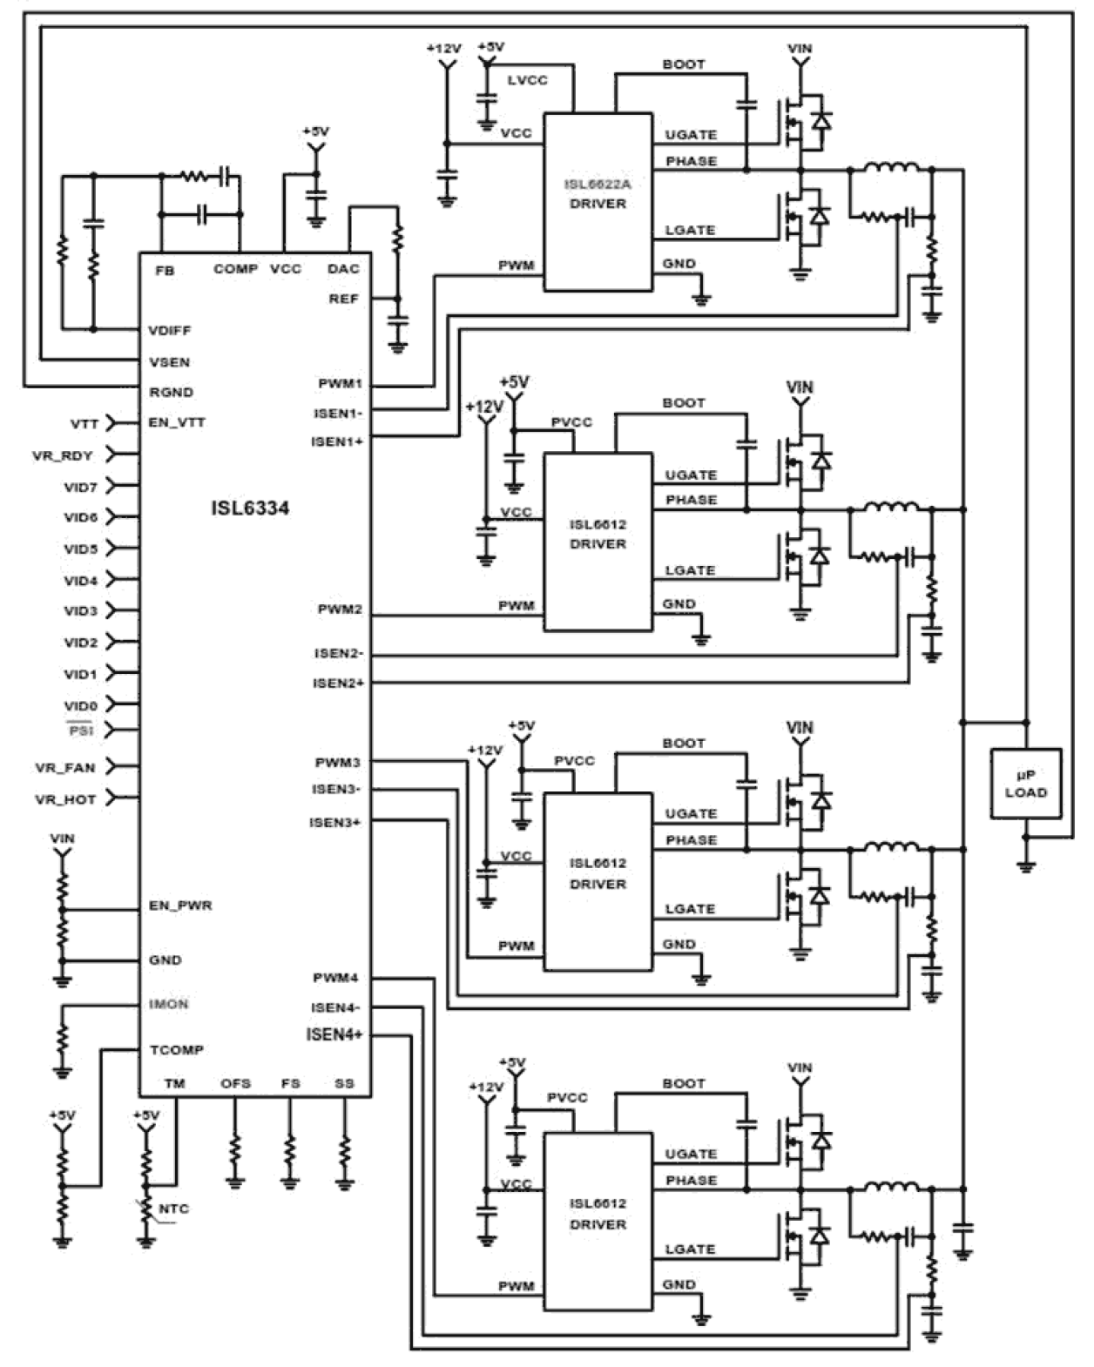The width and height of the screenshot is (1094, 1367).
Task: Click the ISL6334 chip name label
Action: [x=250, y=508]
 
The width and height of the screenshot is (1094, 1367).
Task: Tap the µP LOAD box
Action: [x=1025, y=783]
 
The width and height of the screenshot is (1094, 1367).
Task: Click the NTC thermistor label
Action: [x=174, y=1209]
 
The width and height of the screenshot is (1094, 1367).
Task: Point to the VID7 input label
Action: [x=80, y=487]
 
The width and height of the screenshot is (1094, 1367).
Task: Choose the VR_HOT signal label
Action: [x=65, y=798]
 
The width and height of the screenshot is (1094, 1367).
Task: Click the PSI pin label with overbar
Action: [x=80, y=731]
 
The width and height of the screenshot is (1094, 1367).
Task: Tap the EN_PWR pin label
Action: [x=180, y=906]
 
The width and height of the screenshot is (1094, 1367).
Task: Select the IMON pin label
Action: [x=168, y=1004]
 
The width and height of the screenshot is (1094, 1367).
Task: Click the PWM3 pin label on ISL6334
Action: [x=338, y=763]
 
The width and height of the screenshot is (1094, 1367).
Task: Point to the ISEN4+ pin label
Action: [x=334, y=1034]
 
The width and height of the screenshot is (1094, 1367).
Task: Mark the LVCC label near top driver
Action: [x=527, y=80]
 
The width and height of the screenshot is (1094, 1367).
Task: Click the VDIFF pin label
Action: [x=170, y=330]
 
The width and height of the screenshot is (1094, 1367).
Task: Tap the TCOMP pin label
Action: [x=176, y=1050]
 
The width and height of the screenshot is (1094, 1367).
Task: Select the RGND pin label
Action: [x=171, y=392]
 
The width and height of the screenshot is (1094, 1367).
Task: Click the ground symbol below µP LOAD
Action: [x=1026, y=865]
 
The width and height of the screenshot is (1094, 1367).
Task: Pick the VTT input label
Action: [x=84, y=424]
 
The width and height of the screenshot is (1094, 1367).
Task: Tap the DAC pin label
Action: [x=343, y=268]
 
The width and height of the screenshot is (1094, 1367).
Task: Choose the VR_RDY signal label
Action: [x=63, y=455]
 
